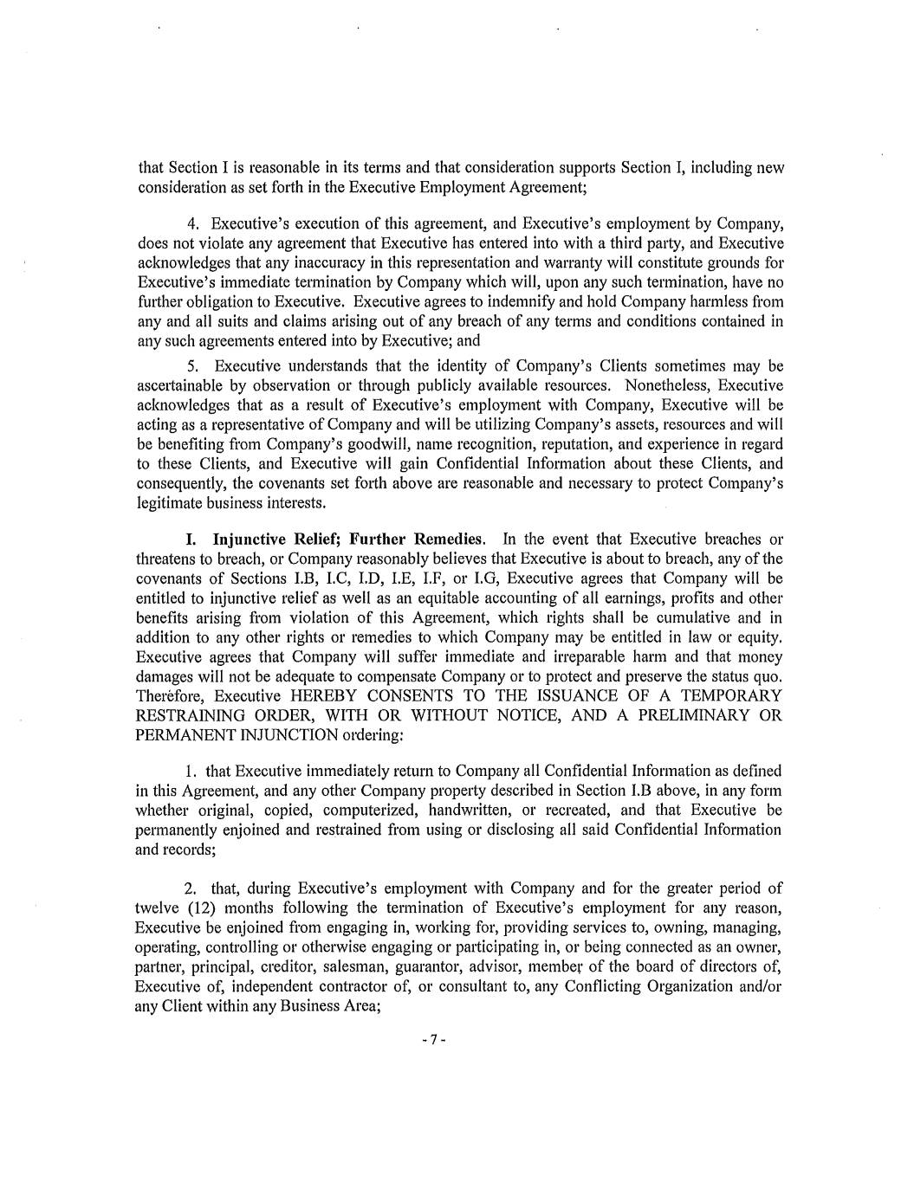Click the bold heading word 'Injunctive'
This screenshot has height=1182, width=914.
pos(251,539)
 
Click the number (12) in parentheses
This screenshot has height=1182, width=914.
pos(203,908)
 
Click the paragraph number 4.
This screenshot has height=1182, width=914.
pos(192,223)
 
